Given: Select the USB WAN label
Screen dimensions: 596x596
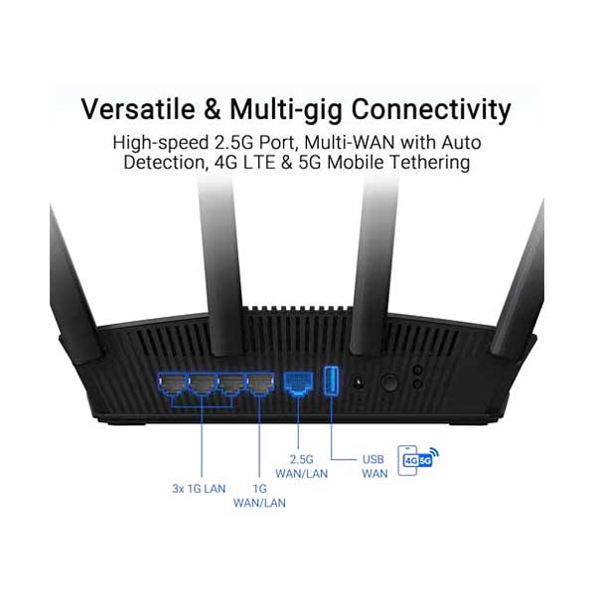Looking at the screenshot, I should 373,468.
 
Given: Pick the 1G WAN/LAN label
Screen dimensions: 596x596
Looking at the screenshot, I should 258,495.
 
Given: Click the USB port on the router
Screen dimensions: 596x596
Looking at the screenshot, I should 332,382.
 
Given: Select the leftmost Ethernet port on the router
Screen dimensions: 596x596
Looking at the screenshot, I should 173,383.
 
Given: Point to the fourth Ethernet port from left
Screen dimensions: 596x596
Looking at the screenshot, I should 260,383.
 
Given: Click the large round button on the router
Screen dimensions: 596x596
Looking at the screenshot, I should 390,381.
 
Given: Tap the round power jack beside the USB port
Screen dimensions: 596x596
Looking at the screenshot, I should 359,382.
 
